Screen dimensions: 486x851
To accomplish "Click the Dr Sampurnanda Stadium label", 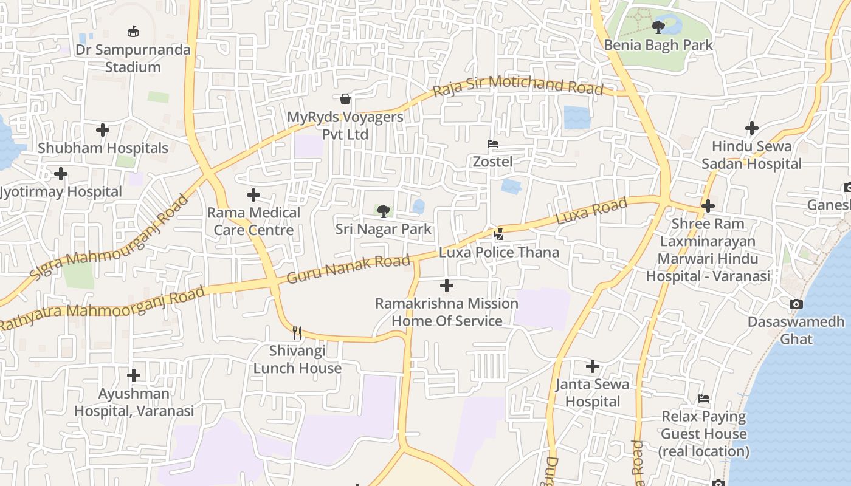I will [x=133, y=58].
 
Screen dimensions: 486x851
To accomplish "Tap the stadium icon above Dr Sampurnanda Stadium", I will [x=133, y=31].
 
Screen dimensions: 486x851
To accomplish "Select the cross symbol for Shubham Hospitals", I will [x=103, y=129].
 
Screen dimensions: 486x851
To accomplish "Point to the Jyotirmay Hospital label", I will [x=61, y=192].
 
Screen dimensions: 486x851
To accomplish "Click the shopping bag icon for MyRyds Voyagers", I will [x=345, y=98].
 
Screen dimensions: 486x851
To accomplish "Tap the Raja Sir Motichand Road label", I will [x=518, y=86].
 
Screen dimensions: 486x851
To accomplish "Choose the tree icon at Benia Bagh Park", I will [x=658, y=27].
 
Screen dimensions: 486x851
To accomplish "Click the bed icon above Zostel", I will [x=493, y=144].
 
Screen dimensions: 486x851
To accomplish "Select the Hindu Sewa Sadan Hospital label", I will [x=752, y=155].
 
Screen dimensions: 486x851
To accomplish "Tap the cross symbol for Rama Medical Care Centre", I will [x=253, y=195].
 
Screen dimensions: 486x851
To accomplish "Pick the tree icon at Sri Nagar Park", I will [x=383, y=211].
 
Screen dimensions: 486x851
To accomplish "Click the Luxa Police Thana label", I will [x=499, y=252].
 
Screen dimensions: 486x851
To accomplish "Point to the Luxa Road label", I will [x=591, y=212].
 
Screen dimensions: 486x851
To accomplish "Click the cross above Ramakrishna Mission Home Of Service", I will [x=447, y=286].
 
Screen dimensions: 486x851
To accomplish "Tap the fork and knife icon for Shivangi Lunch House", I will [x=297, y=332].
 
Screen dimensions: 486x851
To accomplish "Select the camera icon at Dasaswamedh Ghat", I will [x=796, y=304].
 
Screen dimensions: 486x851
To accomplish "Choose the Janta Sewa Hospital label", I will [x=593, y=393].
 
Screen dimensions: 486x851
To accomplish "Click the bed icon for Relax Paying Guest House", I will [x=704, y=399].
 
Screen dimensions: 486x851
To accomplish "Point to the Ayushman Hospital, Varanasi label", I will [x=134, y=402].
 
